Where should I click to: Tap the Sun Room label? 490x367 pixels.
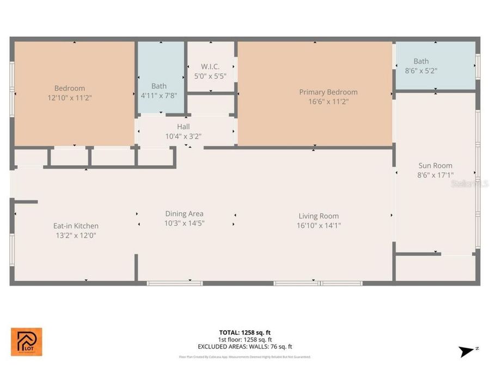pyautogui.click(x=435, y=166)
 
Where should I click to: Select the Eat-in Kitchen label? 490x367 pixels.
pyautogui.click(x=76, y=226)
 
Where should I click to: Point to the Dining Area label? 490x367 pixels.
pyautogui.click(x=184, y=214)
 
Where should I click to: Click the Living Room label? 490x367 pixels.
pyautogui.click(x=318, y=216)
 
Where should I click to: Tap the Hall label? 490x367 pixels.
pyautogui.click(x=183, y=126)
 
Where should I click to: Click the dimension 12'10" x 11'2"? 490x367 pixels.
pyautogui.click(x=69, y=98)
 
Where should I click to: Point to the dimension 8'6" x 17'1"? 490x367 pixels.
pyautogui.click(x=435, y=175)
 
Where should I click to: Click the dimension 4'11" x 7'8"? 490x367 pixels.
pyautogui.click(x=159, y=95)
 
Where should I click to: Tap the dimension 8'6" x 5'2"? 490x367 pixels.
pyautogui.click(x=421, y=71)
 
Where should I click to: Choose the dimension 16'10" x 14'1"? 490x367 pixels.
pyautogui.click(x=318, y=225)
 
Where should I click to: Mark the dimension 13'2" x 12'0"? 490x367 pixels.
pyautogui.click(x=76, y=235)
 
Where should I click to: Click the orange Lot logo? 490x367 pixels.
pyautogui.click(x=26, y=341)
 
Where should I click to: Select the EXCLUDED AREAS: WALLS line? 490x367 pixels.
pyautogui.click(x=244, y=346)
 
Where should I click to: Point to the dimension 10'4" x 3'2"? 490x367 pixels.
pyautogui.click(x=183, y=136)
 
